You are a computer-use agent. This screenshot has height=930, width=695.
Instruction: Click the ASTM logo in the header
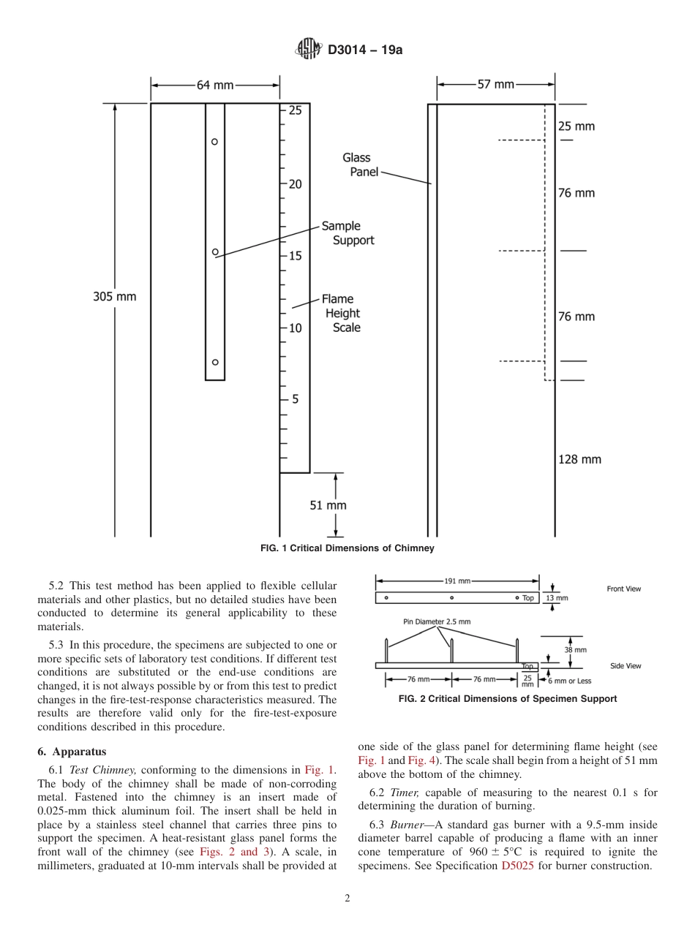(308, 50)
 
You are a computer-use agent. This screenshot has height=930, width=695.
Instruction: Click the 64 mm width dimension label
(215, 85)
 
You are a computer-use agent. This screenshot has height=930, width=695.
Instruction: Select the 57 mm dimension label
(496, 85)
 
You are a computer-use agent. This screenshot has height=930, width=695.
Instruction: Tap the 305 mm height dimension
(114, 297)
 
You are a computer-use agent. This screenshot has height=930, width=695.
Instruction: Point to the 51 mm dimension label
(328, 505)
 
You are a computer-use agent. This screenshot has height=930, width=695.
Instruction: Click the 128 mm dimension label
(579, 459)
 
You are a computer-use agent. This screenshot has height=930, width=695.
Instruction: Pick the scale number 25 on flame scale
(295, 111)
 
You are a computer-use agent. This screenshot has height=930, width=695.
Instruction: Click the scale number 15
(295, 256)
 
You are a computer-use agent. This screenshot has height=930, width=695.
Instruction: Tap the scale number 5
(296, 400)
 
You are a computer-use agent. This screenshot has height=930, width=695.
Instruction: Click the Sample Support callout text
(347, 233)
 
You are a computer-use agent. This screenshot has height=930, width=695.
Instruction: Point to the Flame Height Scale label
(342, 313)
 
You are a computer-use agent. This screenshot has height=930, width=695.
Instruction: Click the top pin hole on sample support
(215, 142)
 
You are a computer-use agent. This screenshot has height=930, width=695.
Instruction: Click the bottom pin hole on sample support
(215, 362)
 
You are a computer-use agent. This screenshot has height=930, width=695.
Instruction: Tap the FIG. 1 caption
(347, 548)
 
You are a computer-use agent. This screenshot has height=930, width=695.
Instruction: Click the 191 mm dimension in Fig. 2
(457, 581)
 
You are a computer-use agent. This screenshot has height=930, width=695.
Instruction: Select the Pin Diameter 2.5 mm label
(437, 621)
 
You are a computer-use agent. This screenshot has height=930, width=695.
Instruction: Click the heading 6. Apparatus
(72, 751)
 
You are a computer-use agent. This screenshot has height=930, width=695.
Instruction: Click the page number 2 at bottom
(347, 899)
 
